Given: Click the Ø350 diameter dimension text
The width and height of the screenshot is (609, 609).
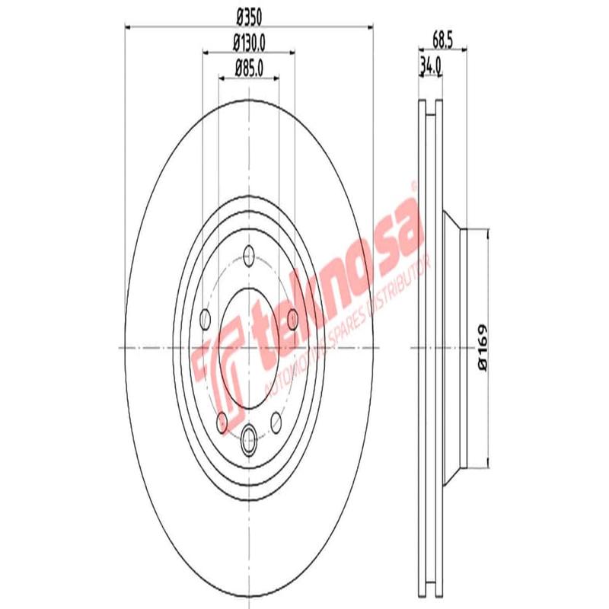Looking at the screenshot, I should pyautogui.click(x=249, y=14).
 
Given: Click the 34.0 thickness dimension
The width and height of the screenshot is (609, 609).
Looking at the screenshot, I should pyautogui.click(x=431, y=67).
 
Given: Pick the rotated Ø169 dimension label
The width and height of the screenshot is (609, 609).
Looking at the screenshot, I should pyautogui.click(x=482, y=348).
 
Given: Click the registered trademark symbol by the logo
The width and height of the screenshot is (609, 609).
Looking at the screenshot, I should pyautogui.click(x=414, y=185).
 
